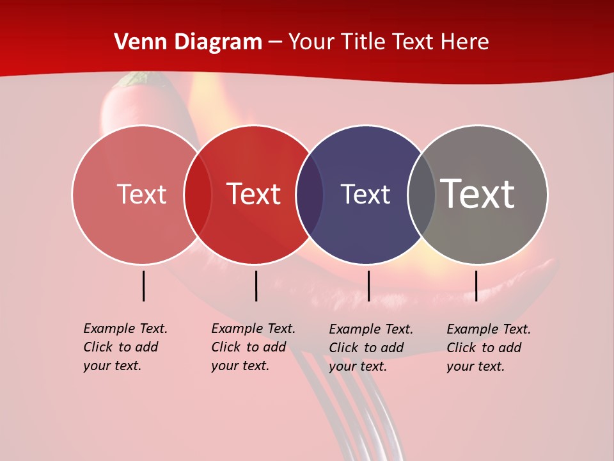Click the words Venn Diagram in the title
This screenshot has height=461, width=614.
point(188,42)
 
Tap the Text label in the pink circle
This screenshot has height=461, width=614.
point(141,194)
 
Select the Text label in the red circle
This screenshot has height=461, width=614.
point(253,194)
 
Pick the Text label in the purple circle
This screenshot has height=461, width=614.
point(365,194)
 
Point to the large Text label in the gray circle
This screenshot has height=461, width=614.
point(478,193)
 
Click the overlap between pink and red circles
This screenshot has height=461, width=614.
point(198,195)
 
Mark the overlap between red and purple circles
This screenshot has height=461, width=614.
point(310,195)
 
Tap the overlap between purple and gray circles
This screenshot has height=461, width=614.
point(421,195)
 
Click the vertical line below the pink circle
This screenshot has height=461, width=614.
point(143,286)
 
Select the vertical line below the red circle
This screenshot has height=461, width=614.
point(256,286)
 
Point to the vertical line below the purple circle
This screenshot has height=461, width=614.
point(368,286)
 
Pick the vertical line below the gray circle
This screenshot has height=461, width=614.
point(476,286)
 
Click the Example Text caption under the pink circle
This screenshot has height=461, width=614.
point(125,347)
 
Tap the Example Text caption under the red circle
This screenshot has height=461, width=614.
point(253,347)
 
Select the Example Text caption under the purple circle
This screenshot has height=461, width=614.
point(370,348)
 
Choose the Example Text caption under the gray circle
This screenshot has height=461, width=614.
point(488,348)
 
